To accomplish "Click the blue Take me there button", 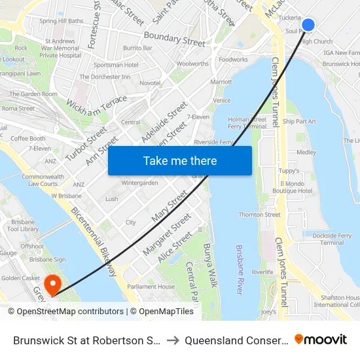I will (179, 160).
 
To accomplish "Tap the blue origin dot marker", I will (308, 26).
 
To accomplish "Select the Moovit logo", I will (321, 339).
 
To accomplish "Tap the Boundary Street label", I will (174, 39).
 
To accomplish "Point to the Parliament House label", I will (151, 287).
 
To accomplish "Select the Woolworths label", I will (192, 63).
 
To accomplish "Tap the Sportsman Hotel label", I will (116, 65).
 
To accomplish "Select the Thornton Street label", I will (259, 215).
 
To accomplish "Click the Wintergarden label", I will (139, 183).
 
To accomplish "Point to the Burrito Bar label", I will (137, 48).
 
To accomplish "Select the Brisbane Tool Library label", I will (23, 225).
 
